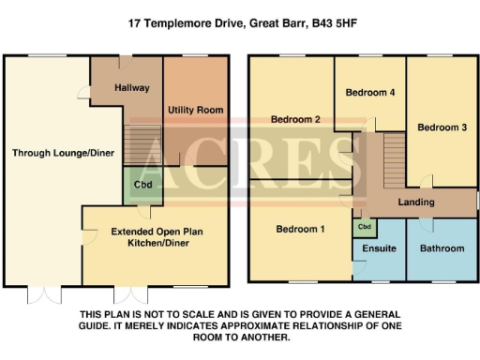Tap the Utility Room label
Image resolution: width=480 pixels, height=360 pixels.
coord(196,111)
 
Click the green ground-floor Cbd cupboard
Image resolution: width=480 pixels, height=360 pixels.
coord(143,185)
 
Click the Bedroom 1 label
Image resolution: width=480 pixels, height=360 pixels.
coord(300,229)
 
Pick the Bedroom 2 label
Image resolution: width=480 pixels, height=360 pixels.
coord(296,120)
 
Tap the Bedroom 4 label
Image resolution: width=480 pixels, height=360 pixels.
coord(370,93)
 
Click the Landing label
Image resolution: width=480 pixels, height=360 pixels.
coord(415,202)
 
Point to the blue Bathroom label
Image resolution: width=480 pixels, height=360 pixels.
coord(442,248)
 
